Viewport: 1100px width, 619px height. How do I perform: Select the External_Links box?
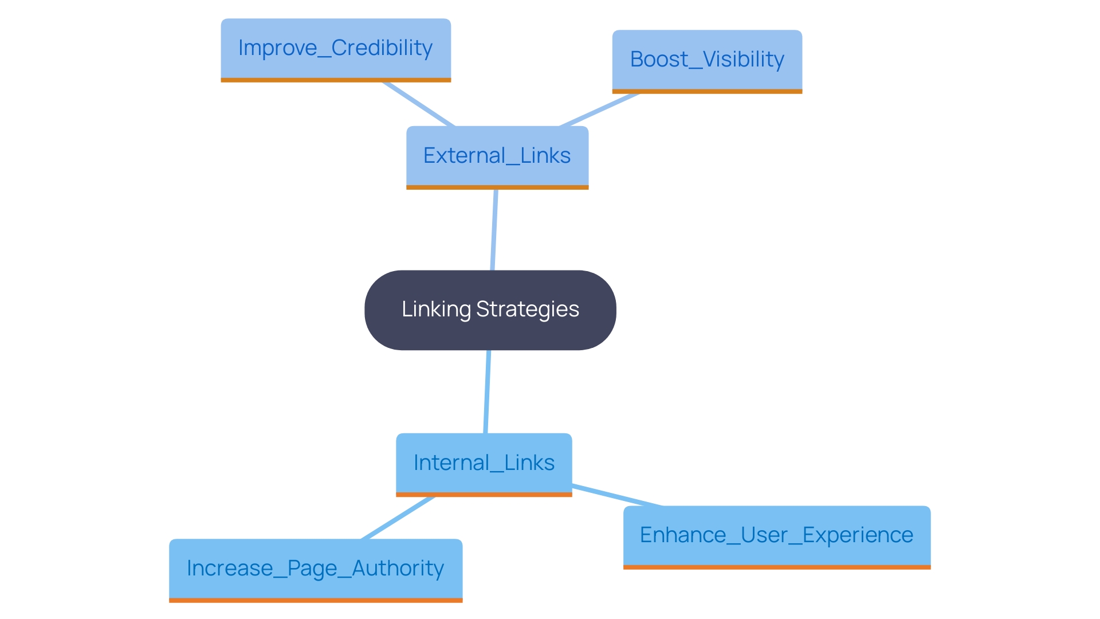tap(497, 156)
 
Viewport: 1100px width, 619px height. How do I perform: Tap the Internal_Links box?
tap(484, 463)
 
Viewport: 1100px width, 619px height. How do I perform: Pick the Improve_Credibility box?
tap(336, 48)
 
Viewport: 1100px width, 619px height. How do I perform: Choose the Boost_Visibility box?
tap(707, 60)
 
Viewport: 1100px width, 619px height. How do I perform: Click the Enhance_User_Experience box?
tap(776, 535)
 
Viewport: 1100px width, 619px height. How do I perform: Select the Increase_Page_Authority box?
tap(316, 569)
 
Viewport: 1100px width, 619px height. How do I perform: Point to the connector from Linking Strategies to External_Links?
tap(494, 229)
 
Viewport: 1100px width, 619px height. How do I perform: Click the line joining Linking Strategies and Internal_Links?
tap(487, 391)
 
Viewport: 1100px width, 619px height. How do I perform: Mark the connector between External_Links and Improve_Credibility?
tap(419, 104)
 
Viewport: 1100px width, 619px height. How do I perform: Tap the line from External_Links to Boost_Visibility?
tap(599, 109)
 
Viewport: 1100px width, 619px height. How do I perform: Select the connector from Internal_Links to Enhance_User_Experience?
tap(617, 496)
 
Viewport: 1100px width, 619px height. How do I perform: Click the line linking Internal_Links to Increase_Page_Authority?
tap(398, 518)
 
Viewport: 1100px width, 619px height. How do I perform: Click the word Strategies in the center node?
tap(528, 309)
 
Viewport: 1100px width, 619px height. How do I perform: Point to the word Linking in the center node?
tap(436, 309)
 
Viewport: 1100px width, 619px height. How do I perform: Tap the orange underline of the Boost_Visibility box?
tap(707, 91)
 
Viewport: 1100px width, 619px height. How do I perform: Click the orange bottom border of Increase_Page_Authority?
tap(316, 600)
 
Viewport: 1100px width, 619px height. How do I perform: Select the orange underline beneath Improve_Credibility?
tap(336, 80)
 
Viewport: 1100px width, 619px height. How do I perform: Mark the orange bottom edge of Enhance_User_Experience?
tap(776, 567)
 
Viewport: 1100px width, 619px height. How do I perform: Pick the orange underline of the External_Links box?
tap(497, 187)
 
